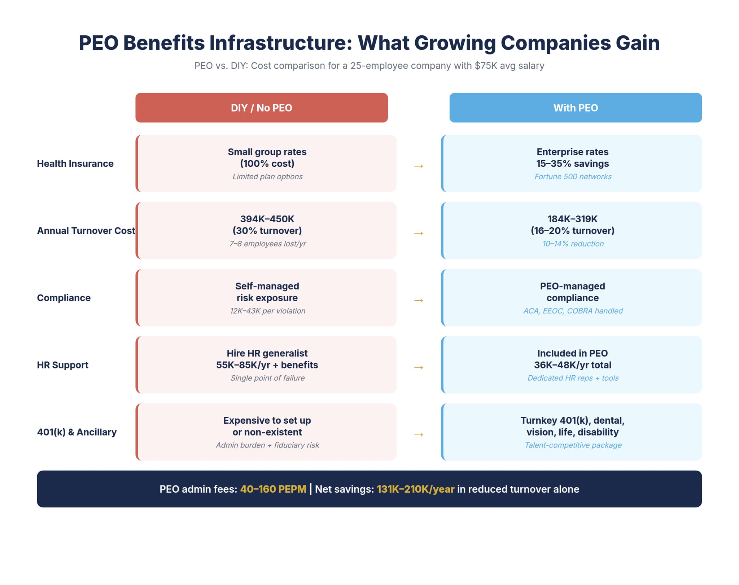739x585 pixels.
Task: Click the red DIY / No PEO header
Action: click(261, 108)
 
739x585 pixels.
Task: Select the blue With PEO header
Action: click(575, 108)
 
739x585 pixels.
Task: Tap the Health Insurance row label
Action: click(75, 163)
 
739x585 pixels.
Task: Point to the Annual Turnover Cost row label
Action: click(86, 231)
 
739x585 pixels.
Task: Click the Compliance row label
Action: click(64, 298)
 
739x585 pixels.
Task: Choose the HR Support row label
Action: click(62, 365)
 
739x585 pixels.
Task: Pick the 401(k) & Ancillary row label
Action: click(76, 432)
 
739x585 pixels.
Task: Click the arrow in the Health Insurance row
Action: click(419, 166)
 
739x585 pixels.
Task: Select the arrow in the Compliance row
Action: click(419, 300)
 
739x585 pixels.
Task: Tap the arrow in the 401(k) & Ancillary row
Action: click(419, 435)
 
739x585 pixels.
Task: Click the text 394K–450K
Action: click(267, 219)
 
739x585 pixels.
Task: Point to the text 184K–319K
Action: click(572, 219)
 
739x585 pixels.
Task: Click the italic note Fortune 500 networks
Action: click(573, 176)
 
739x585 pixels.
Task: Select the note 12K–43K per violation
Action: click(267, 311)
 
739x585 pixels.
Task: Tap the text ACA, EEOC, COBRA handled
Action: click(573, 311)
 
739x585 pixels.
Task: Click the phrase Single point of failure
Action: click(267, 378)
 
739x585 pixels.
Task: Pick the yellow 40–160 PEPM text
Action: click(273, 489)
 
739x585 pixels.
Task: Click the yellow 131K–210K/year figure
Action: click(415, 489)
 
